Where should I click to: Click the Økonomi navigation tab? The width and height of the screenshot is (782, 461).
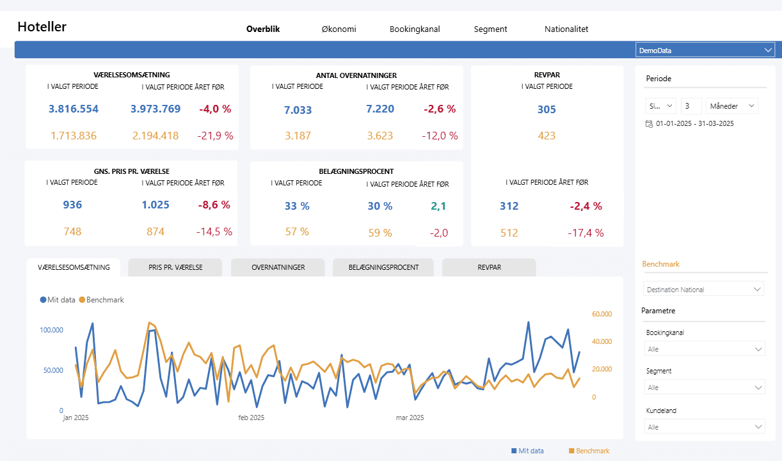click(339, 29)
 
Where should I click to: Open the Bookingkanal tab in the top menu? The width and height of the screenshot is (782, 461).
click(415, 29)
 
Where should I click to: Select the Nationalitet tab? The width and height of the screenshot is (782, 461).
click(566, 29)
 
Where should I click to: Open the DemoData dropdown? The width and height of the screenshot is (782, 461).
click(705, 50)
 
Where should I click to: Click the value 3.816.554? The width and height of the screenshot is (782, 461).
click(74, 109)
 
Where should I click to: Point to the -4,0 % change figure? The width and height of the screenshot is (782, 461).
click(215, 109)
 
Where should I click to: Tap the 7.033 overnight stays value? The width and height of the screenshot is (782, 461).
click(298, 110)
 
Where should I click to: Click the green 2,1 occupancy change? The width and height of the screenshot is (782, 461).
click(438, 206)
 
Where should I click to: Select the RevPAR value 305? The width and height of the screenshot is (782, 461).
click(547, 109)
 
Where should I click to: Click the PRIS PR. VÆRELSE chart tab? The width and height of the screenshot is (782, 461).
click(175, 267)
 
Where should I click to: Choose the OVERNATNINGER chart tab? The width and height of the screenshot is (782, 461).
click(278, 267)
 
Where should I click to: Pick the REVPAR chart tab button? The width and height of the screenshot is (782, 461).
click(489, 267)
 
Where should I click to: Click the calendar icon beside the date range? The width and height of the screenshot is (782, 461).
click(650, 123)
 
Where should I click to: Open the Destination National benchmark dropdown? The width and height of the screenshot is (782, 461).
click(703, 290)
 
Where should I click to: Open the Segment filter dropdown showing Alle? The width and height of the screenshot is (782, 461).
click(703, 387)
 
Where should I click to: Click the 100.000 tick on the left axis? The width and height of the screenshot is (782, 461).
click(51, 330)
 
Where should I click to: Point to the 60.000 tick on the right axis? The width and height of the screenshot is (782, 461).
click(602, 314)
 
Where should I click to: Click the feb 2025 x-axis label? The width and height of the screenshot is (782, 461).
click(251, 418)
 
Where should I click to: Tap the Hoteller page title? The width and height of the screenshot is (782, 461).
click(42, 27)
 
